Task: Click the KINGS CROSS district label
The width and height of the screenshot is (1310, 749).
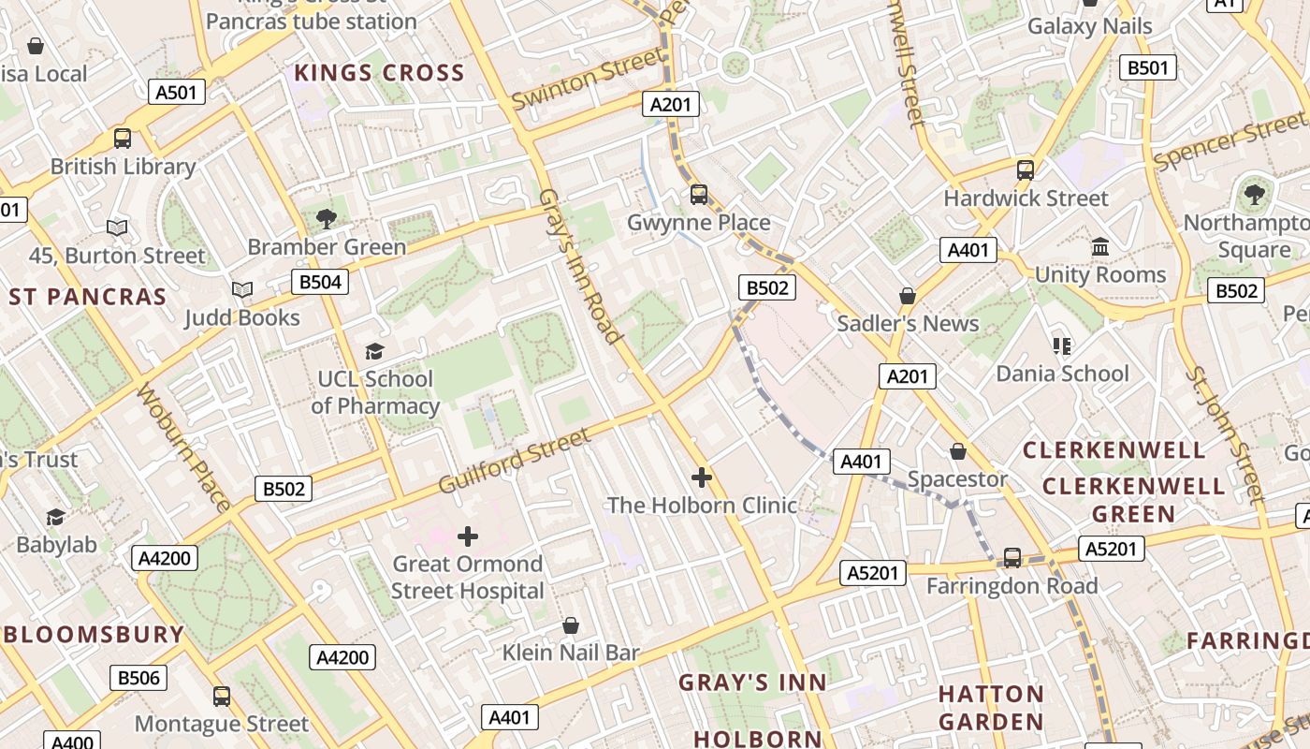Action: pos(379,73)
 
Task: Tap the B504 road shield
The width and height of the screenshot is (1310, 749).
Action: pos(319,282)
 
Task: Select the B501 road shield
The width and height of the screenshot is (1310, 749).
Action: pos(1148,67)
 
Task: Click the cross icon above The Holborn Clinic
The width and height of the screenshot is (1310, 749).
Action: pos(701,477)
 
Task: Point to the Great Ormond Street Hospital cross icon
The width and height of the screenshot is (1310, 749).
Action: pos(468,536)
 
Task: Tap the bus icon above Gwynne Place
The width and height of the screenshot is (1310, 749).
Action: pos(699,195)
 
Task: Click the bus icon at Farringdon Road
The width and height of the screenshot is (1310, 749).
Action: pos(1012,558)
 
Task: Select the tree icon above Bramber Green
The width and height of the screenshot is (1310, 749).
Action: pos(326,219)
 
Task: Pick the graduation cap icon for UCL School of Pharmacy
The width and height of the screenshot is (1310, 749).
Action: pos(374,351)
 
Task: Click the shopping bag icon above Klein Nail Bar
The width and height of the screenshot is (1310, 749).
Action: pos(570,625)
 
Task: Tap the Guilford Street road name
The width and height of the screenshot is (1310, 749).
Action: pos(515,462)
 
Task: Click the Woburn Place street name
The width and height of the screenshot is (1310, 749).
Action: pos(183,448)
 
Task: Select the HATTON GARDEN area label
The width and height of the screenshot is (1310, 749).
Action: pos(991,708)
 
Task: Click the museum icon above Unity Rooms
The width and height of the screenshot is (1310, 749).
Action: pos(1100,247)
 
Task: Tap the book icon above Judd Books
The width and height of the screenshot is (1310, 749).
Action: pos(242,290)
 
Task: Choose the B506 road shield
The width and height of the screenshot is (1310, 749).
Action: pos(138,678)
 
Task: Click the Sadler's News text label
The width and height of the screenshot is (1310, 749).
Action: pos(908,324)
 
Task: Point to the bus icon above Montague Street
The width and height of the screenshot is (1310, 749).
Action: pos(222,697)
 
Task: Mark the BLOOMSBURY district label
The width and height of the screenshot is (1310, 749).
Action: pos(94,634)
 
